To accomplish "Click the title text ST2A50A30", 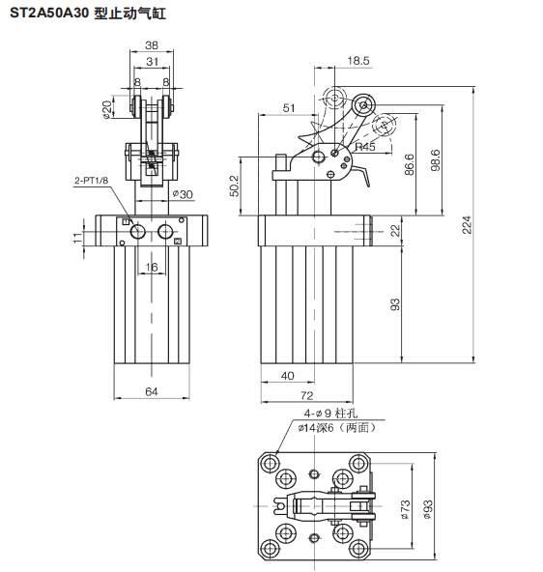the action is point(49,14).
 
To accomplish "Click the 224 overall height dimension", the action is point(467,225).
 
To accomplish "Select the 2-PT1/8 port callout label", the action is point(91,181).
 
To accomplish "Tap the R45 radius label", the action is point(365,147).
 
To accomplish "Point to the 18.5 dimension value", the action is point(358,61).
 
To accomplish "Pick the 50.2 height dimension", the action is point(234,186).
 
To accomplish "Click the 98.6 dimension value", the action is point(435,159).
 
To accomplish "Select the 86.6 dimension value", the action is point(409,164).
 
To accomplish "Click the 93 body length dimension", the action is point(395,304).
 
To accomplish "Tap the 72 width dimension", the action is point(307,395).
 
